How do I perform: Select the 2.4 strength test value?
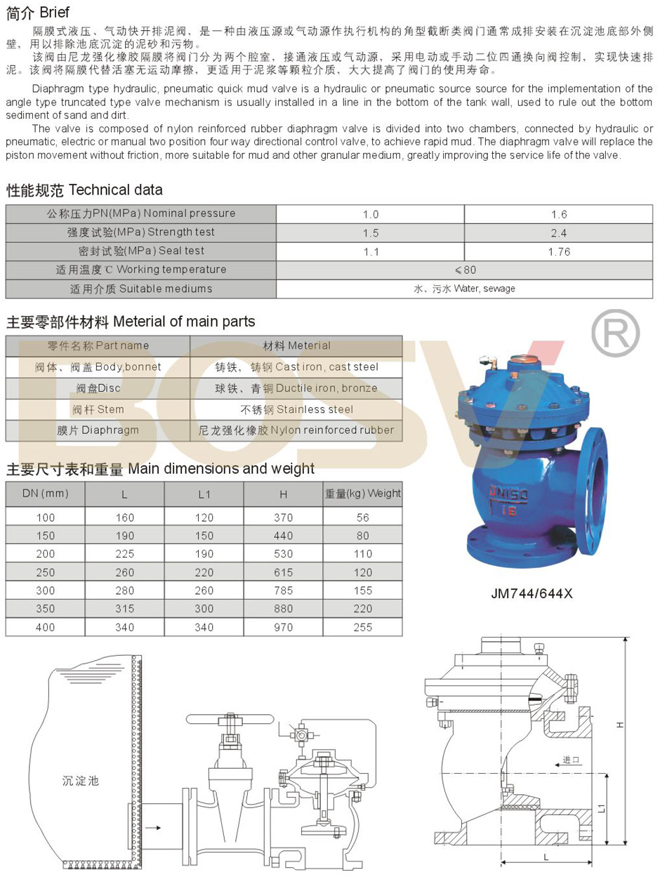tap(559, 232)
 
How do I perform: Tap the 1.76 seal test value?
tap(559, 251)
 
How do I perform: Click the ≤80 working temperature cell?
tap(465, 270)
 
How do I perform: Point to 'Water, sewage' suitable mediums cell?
tap(465, 289)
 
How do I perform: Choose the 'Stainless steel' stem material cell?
tap(296, 409)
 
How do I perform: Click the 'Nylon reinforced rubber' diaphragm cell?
tap(296, 430)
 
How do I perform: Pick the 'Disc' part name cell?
tap(98, 388)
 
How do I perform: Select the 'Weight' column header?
tap(363, 494)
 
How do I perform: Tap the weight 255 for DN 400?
tap(363, 627)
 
